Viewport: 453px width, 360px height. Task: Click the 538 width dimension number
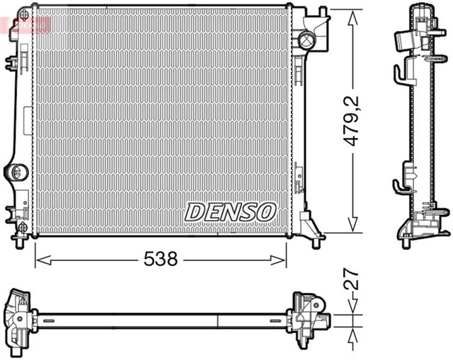point(161,260)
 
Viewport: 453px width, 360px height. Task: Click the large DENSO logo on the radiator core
point(231,210)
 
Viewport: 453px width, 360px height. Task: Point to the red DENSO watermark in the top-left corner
point(28,25)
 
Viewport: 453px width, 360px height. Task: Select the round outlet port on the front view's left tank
point(18,171)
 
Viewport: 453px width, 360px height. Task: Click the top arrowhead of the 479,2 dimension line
point(352,15)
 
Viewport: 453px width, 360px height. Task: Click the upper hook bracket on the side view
point(401,70)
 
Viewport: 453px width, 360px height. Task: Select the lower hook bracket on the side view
point(401,185)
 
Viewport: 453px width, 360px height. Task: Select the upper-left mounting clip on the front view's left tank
point(13,63)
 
